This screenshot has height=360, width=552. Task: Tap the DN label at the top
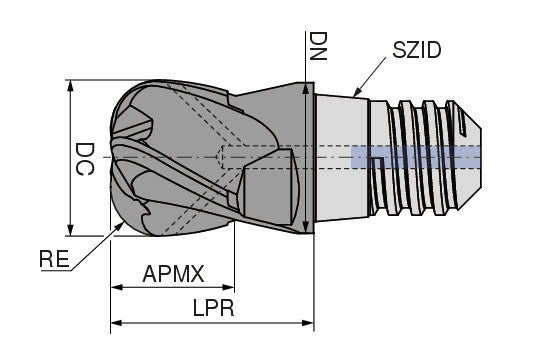[316, 46]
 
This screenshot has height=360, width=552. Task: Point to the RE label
[54, 259]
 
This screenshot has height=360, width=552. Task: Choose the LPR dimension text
[212, 309]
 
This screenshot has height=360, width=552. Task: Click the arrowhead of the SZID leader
[355, 94]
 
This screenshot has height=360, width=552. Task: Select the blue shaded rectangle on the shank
[416, 157]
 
